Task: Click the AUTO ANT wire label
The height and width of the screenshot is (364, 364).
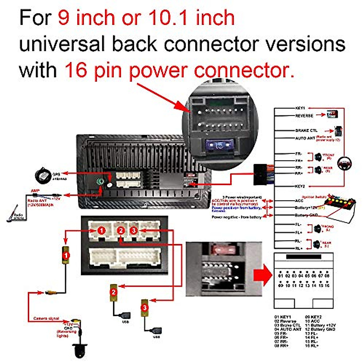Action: tap(305, 138)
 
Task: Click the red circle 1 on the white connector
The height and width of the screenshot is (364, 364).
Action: tap(101, 231)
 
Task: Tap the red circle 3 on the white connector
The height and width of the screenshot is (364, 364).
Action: tap(133, 231)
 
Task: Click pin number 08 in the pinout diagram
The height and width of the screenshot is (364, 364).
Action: tap(327, 276)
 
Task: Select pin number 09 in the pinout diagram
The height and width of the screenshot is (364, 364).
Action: tap(281, 285)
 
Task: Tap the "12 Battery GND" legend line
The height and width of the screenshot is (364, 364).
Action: tap(320, 329)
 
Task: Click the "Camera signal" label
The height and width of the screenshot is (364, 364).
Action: tap(46, 318)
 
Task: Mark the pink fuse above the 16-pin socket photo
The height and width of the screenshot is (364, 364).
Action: tap(224, 250)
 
